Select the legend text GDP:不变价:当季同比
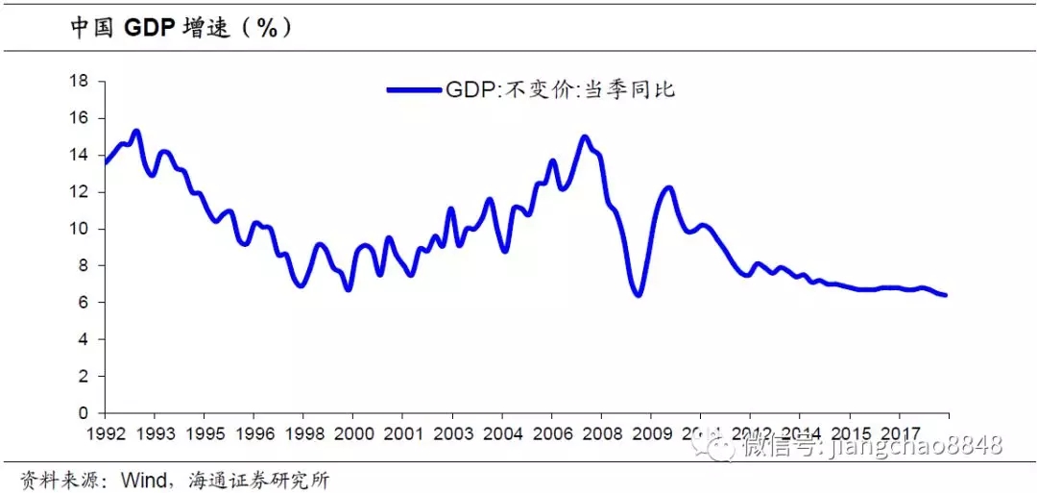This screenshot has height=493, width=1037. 561,90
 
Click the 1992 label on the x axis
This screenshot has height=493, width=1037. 106,433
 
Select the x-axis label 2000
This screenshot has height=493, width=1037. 353,433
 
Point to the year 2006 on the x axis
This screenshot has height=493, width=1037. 551,433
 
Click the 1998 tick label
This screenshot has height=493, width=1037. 303,433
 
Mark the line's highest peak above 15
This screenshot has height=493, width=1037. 135,131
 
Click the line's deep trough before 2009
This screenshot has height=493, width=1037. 639,294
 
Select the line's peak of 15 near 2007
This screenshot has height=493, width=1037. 584,136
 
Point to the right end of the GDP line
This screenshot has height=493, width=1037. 946,295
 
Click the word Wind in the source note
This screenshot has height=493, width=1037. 140,480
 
